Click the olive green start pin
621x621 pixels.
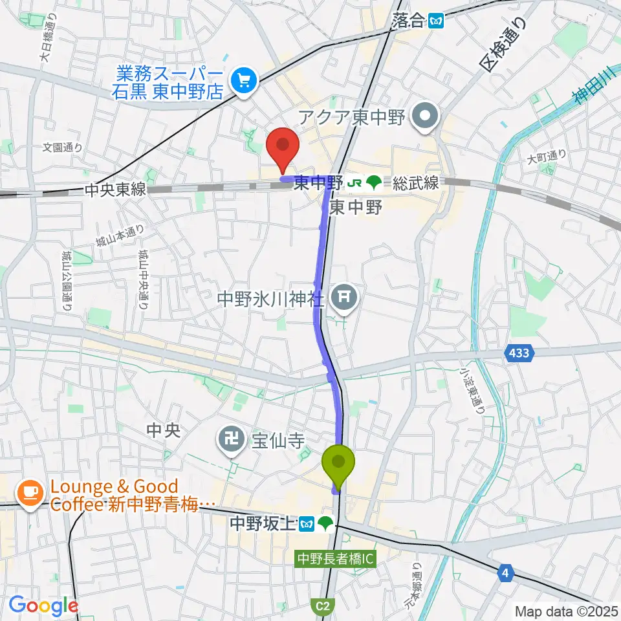pos(338,463)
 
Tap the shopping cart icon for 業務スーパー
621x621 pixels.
pos(244,81)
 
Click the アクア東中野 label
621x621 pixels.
pos(352,118)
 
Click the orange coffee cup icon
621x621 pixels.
pos(30,494)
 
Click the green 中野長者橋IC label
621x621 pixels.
pos(335,557)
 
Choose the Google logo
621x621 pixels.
pos(43,606)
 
